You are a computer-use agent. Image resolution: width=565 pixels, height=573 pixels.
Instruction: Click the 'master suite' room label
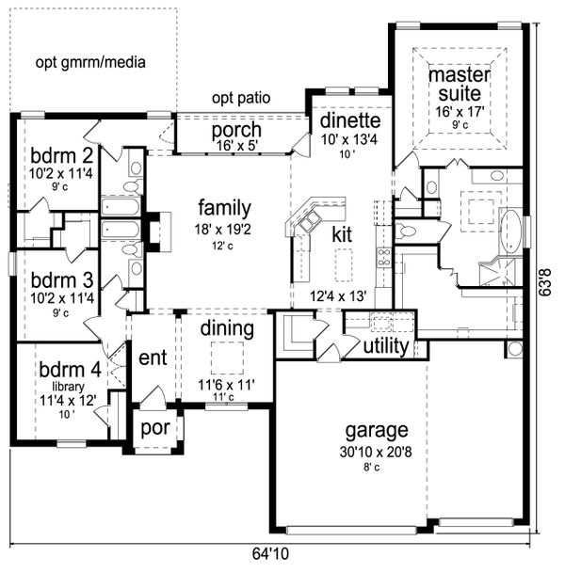(459, 84)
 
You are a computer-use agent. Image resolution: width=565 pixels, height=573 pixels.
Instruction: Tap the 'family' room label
(224, 208)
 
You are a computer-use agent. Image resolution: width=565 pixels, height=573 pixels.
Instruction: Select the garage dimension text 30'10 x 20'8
(376, 452)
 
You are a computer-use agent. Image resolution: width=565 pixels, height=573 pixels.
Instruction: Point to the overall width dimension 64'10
(270, 553)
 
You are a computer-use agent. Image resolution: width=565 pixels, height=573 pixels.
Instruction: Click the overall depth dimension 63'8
(545, 281)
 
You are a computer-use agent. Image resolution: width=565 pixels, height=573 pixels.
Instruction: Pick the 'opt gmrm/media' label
(90, 62)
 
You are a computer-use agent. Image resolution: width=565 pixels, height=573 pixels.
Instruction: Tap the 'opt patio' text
(241, 98)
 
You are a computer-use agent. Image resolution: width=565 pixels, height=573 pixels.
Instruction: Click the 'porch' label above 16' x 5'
(236, 131)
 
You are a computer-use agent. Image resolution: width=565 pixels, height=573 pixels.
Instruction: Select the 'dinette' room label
(350, 120)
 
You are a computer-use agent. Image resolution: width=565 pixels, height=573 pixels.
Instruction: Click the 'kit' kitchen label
(342, 234)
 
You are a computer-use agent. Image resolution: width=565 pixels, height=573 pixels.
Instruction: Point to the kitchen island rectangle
(344, 265)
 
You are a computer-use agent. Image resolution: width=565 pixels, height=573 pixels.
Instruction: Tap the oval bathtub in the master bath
(510, 231)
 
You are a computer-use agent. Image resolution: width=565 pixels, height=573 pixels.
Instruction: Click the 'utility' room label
(386, 346)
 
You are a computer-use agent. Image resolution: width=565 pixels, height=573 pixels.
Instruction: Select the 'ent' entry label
(153, 358)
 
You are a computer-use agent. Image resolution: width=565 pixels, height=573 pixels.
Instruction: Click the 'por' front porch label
(155, 428)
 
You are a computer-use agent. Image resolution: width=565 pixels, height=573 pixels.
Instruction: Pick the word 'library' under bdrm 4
(68, 387)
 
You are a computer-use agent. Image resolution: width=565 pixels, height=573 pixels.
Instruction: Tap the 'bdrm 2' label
(61, 155)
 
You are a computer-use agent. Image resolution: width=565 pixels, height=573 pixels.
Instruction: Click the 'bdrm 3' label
(62, 280)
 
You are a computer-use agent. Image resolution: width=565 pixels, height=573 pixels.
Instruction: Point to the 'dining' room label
(227, 328)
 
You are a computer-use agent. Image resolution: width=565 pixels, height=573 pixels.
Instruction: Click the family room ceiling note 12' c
(223, 246)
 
